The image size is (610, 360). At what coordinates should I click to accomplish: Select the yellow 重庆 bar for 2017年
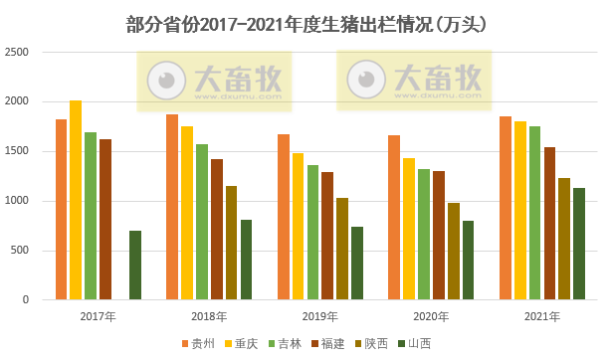click(76, 200)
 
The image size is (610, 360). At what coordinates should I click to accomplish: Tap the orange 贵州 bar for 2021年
click(505, 208)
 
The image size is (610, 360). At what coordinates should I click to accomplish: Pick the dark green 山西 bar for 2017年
click(135, 265)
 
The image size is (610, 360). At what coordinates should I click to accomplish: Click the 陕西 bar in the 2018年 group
click(231, 243)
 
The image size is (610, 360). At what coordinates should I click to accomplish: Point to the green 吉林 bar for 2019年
click(312, 232)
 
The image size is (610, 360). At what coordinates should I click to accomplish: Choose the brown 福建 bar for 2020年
click(438, 235)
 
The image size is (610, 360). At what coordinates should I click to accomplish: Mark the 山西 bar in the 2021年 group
click(578, 244)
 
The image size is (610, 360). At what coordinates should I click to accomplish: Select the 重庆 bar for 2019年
click(299, 226)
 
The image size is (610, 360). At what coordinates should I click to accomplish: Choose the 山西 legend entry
click(412, 344)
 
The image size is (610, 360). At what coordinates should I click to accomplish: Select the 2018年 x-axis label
click(209, 316)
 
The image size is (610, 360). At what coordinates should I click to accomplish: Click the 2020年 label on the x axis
click(431, 316)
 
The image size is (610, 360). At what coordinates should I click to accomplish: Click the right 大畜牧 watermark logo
click(416, 79)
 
